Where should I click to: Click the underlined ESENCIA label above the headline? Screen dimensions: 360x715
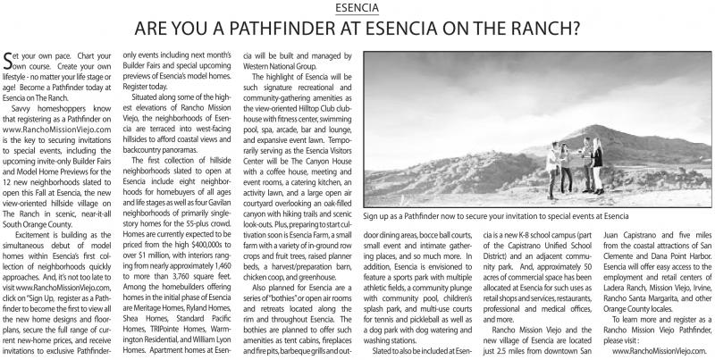click(357, 8)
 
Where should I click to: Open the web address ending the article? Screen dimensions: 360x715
click(659, 353)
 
